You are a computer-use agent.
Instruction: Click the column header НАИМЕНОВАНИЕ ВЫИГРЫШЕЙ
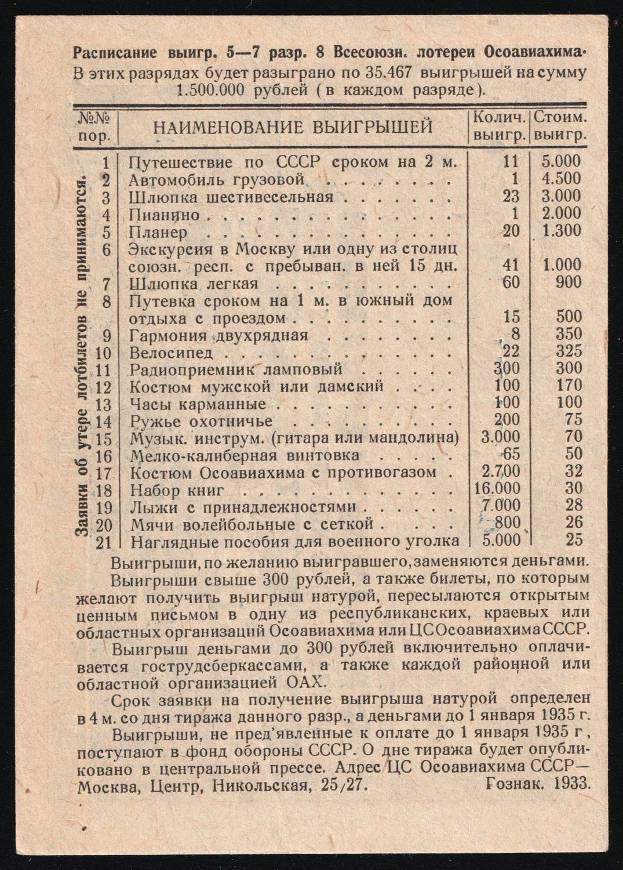point(293,126)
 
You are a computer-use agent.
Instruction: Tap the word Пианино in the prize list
point(164,215)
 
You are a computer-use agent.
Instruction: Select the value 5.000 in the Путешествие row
point(560,161)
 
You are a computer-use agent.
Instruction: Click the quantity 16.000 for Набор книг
point(497,489)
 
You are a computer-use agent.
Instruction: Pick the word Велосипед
point(172,353)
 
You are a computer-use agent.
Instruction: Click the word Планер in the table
point(158,232)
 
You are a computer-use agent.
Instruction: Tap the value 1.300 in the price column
point(560,230)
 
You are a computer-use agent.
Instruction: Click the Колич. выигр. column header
point(500,126)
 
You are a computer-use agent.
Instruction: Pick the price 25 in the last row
point(574,540)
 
